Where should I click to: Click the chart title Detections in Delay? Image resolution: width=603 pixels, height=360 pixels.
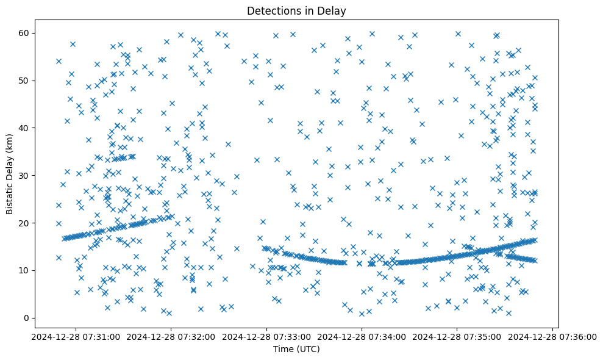tap(296, 10)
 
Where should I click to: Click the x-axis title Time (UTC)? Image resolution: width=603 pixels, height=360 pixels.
tap(296, 349)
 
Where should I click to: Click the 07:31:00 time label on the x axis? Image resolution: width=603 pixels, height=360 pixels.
tap(76, 336)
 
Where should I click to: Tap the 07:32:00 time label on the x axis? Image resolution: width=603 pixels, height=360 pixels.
tap(171, 336)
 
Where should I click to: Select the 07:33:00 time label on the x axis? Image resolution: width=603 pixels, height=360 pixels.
tap(266, 336)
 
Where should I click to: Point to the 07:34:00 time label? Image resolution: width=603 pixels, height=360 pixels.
tap(362, 336)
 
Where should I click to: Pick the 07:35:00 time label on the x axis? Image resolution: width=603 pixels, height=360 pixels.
tap(457, 336)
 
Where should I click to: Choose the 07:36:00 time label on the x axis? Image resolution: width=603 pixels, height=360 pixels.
tap(553, 336)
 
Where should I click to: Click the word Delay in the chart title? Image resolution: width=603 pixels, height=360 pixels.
tap(333, 10)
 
